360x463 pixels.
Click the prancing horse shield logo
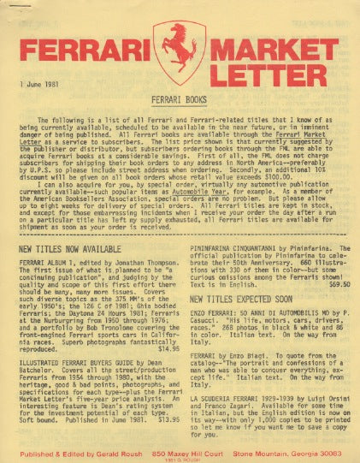180,53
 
